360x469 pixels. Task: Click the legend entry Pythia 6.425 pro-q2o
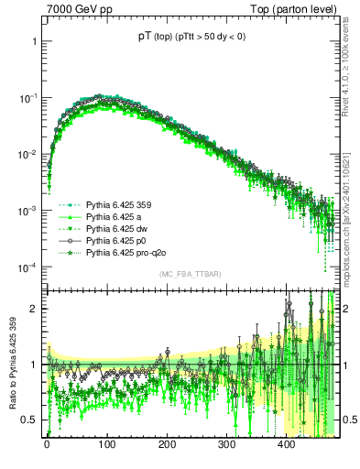pos(125,252)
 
